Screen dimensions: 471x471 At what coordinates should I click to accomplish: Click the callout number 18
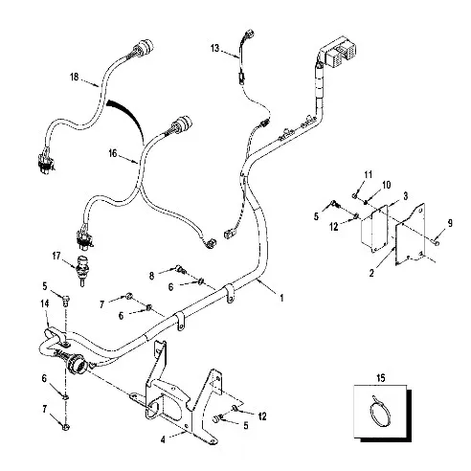pyautogui.click(x=74, y=77)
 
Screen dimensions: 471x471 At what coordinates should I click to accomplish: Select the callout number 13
pyautogui.click(x=215, y=48)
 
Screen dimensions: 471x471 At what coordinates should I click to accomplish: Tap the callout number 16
pyautogui.click(x=113, y=153)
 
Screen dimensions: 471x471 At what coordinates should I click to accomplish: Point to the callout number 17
pyautogui.click(x=56, y=256)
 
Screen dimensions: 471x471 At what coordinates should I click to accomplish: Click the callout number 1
pyautogui.click(x=281, y=298)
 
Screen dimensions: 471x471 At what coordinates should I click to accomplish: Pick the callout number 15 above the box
pyautogui.click(x=381, y=378)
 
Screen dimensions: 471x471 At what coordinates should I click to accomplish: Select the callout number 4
pyautogui.click(x=163, y=439)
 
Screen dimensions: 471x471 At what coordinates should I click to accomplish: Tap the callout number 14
pyautogui.click(x=45, y=303)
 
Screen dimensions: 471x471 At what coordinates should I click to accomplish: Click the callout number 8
pyautogui.click(x=151, y=276)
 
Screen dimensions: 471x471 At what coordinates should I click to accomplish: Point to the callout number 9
pyautogui.click(x=450, y=223)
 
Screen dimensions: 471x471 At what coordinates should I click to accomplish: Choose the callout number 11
pyautogui.click(x=369, y=174)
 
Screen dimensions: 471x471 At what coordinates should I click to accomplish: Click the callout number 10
pyautogui.click(x=387, y=185)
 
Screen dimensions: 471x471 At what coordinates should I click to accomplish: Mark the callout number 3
pyautogui.click(x=406, y=196)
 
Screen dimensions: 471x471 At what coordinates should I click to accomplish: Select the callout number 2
pyautogui.click(x=371, y=273)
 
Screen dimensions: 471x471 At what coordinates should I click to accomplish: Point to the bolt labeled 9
pyautogui.click(x=435, y=242)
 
